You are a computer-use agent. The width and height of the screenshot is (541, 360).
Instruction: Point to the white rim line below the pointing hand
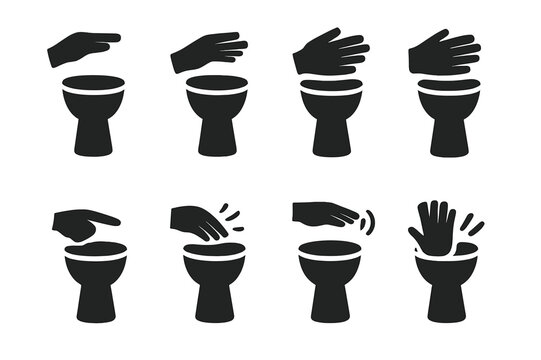pos(92,260)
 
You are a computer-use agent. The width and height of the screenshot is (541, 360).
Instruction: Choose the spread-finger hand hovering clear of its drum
pos(208,52)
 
